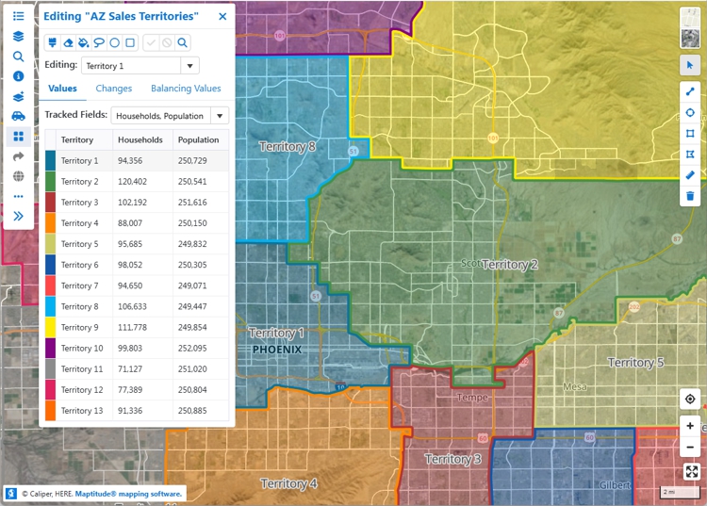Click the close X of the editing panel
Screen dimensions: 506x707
pos(222,16)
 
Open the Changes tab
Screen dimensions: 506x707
pos(114,89)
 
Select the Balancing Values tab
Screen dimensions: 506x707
pos(186,89)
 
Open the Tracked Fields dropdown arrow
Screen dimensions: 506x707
pos(220,116)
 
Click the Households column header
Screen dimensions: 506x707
pos(140,140)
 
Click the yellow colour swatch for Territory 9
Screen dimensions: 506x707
pos(50,327)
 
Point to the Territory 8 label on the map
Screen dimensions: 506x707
pos(288,147)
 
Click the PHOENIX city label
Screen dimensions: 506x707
pos(277,349)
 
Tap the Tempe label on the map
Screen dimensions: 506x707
pos(472,398)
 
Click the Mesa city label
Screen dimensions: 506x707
pos(574,386)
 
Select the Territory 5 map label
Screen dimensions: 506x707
pos(635,363)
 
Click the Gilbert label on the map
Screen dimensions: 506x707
pos(615,485)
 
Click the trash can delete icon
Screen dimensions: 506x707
pos(690,196)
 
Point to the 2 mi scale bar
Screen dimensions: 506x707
pos(669,492)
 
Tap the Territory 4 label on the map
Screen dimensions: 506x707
pos(288,483)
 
